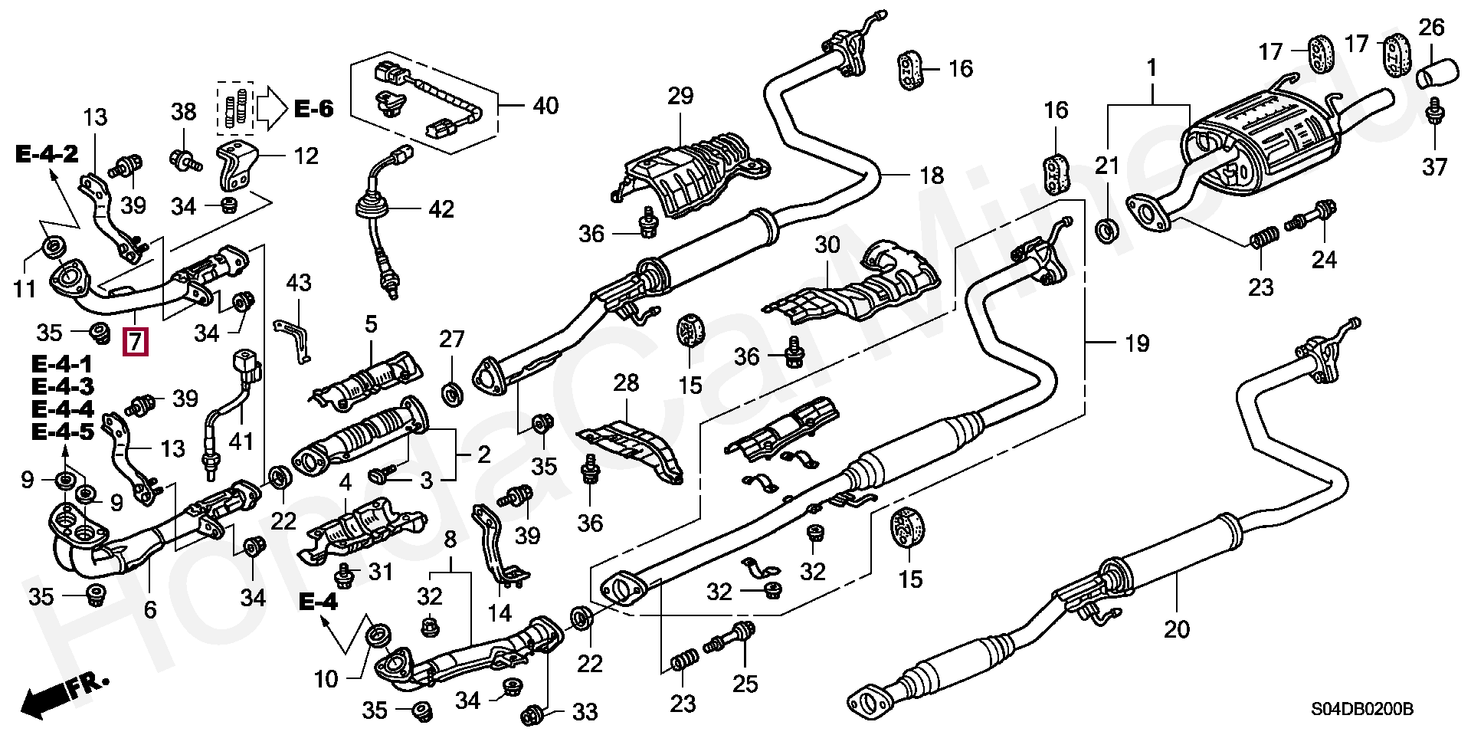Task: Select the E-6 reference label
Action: pyautogui.click(x=314, y=110)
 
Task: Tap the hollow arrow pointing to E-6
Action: pyautogui.click(x=270, y=109)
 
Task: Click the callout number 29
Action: pyautogui.click(x=680, y=97)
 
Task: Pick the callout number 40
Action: pyautogui.click(x=545, y=106)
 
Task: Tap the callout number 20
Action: pyautogui.click(x=1177, y=630)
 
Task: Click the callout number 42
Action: pyautogui.click(x=442, y=208)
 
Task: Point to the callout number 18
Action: pyautogui.click(x=932, y=176)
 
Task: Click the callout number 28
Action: pyautogui.click(x=626, y=383)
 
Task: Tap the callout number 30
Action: pyautogui.click(x=827, y=246)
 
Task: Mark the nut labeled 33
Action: pyautogui.click(x=532, y=716)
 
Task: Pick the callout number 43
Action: pyautogui.click(x=299, y=283)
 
